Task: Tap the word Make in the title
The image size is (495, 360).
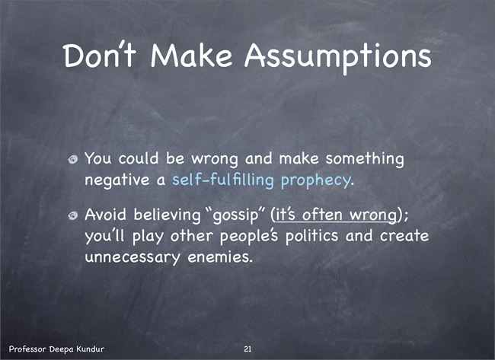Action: [x=192, y=55]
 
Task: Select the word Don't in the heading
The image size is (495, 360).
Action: [x=100, y=55]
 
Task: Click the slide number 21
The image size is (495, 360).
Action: [x=247, y=349]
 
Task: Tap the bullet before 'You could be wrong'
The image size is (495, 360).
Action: [x=73, y=159]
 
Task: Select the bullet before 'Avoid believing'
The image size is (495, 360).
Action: [x=73, y=215]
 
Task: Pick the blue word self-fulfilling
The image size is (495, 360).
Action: [x=223, y=180]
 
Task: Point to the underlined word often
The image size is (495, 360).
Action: [x=322, y=215]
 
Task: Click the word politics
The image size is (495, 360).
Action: [x=311, y=236]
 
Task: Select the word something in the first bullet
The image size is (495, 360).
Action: [x=365, y=159]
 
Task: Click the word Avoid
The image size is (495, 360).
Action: [x=105, y=215]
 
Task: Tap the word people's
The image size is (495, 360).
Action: [x=249, y=237]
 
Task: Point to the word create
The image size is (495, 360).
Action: [x=404, y=236]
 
